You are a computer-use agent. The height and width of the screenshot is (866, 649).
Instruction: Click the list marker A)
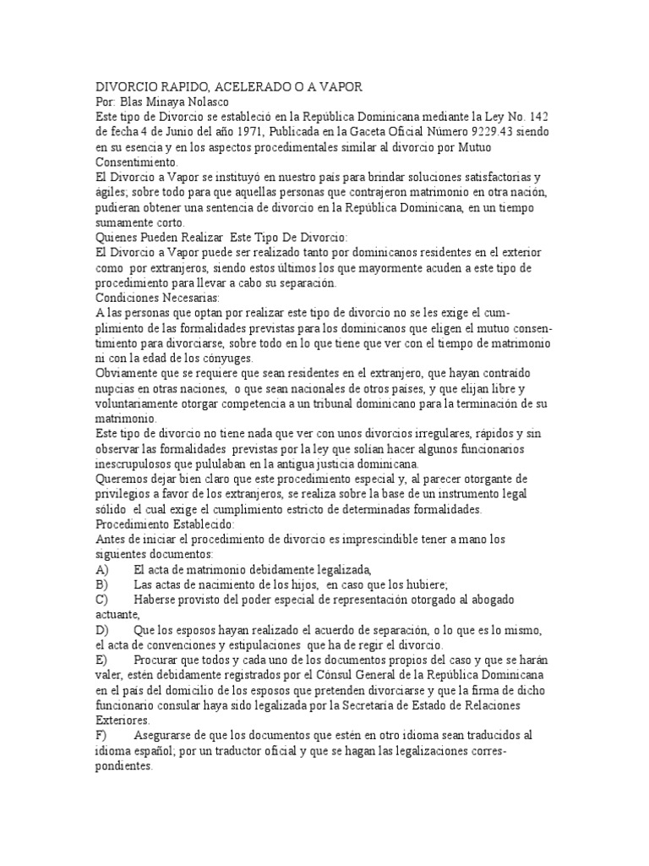[x=104, y=569]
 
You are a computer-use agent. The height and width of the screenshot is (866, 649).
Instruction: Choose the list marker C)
[x=104, y=600]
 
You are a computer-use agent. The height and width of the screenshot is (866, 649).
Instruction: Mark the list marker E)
[x=104, y=660]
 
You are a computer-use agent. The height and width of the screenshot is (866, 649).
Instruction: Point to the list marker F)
[x=103, y=735]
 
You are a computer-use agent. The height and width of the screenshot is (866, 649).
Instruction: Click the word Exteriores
[x=124, y=721]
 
